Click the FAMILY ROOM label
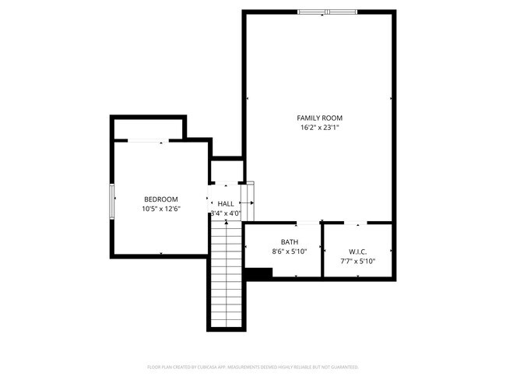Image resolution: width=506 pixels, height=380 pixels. [x=321, y=118]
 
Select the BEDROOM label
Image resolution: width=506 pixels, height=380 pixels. [x=160, y=199]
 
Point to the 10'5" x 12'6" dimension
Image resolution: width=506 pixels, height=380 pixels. [x=160, y=209]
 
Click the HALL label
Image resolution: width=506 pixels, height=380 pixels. [x=226, y=203]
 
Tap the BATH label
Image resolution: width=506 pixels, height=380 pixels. [x=290, y=242]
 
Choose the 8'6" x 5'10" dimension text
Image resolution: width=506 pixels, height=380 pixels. [x=290, y=252]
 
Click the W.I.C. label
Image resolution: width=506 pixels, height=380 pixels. [x=358, y=252]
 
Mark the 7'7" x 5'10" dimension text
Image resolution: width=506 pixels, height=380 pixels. [x=358, y=261]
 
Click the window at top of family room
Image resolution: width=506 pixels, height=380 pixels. [x=327, y=12]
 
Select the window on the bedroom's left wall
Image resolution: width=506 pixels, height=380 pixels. [x=112, y=200]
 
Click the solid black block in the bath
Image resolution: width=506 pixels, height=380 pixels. [x=258, y=273]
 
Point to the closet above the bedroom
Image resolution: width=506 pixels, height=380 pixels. [x=149, y=128]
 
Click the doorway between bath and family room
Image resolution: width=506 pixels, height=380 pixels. [x=308, y=223]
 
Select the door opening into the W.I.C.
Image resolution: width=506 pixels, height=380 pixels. [x=357, y=223]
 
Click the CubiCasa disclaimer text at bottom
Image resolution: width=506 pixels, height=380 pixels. [x=253, y=366]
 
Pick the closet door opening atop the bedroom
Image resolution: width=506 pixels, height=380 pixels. [x=146, y=140]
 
